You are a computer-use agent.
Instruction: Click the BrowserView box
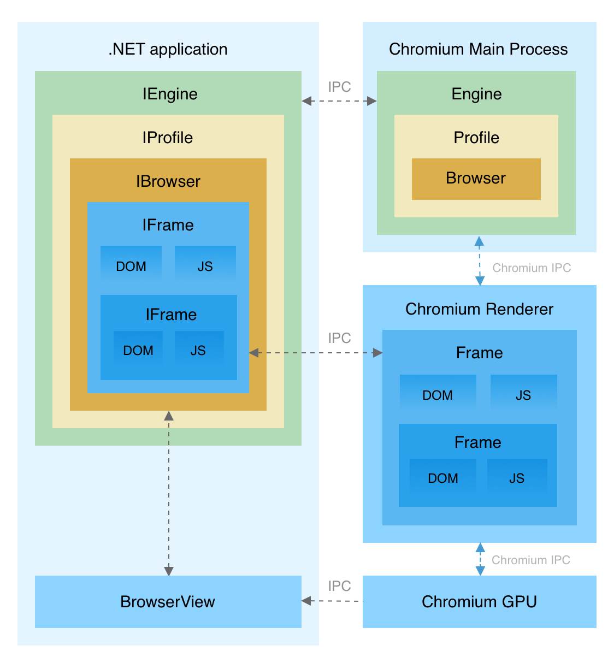point(168,601)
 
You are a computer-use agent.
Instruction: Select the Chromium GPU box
point(479,601)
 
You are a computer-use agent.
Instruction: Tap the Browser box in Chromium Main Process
point(476,179)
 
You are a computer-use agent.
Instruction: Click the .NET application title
point(168,49)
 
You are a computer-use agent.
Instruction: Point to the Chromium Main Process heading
point(478,49)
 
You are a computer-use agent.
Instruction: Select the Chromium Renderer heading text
point(479,309)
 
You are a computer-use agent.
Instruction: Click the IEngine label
point(170,94)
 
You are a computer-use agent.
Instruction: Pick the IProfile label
point(168,138)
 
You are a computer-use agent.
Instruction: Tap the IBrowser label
point(168,181)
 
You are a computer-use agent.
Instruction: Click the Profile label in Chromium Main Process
point(476,138)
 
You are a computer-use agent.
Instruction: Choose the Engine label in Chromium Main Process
point(476,94)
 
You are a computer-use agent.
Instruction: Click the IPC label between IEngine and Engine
point(339,87)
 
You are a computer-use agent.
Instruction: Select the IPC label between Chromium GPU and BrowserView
point(339,586)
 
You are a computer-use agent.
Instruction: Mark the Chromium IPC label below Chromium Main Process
point(532,268)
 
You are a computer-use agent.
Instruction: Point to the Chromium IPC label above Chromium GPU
point(530,560)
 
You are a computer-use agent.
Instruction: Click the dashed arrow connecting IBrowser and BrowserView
point(169,492)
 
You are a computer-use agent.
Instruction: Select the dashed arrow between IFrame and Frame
point(315,353)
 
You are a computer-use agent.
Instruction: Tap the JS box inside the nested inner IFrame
point(199,350)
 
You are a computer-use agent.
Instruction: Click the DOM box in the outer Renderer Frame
point(438,394)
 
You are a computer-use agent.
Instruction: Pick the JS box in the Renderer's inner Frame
point(517,478)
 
